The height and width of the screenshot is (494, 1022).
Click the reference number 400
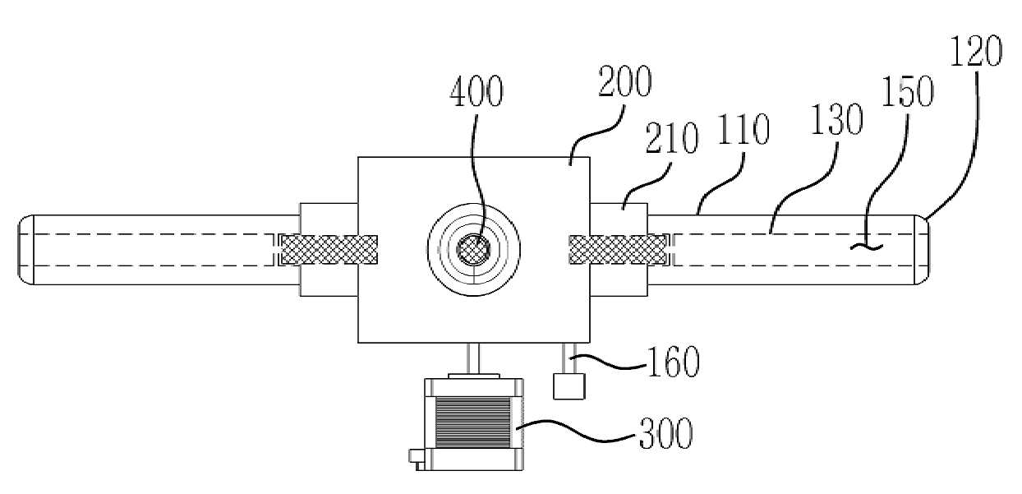tap(476, 91)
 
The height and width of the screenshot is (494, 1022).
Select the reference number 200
tap(624, 81)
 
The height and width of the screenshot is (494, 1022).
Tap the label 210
tap(671, 137)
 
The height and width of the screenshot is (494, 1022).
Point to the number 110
tap(744, 129)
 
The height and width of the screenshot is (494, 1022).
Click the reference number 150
tap(908, 91)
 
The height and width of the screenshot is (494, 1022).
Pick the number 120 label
tap(976, 51)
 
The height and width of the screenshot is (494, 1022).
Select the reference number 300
tap(665, 433)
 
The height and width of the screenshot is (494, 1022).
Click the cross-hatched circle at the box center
tap(474, 250)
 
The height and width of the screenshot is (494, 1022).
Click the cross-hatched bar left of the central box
tap(329, 250)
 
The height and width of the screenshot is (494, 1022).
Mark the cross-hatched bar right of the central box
tap(618, 250)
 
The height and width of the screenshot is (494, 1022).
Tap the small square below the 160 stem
tap(569, 386)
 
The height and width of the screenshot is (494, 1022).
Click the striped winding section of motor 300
tap(472, 422)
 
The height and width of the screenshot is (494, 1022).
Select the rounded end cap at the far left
tap(26, 250)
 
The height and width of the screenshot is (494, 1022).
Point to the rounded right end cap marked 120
tap(922, 250)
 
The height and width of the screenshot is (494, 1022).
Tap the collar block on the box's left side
tap(329, 250)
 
